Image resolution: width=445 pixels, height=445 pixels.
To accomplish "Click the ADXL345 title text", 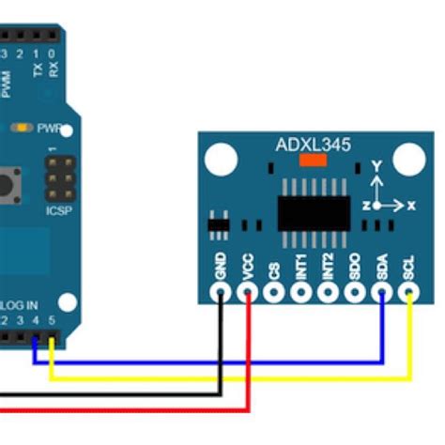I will coord(313,145).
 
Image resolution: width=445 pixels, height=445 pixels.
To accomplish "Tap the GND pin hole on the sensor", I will coord(221,292).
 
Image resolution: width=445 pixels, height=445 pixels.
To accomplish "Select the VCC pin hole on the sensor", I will coord(248,292).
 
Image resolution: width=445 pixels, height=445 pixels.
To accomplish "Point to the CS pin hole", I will coord(274,292).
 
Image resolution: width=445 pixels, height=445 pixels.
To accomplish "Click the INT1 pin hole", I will coord(301,292).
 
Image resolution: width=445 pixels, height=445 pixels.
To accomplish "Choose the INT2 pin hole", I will coord(329,292).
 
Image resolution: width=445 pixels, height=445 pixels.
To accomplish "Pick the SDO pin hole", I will coord(356,292).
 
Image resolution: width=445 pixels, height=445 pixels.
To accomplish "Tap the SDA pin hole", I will coord(383,292).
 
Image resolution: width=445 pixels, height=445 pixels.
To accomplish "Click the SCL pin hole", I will coord(409,292).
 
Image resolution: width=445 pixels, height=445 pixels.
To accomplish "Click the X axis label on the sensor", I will coord(410,204).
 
